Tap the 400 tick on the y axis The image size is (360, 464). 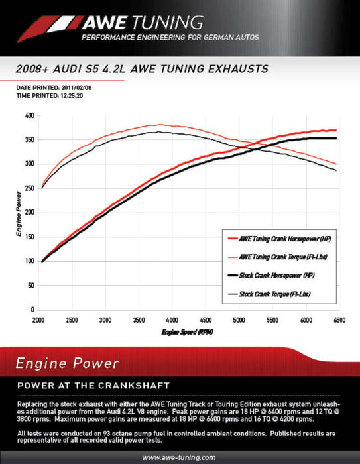(29, 115)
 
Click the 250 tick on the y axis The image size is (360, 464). (29, 188)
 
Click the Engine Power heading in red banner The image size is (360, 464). (68, 363)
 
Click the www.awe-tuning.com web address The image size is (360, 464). (180, 457)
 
